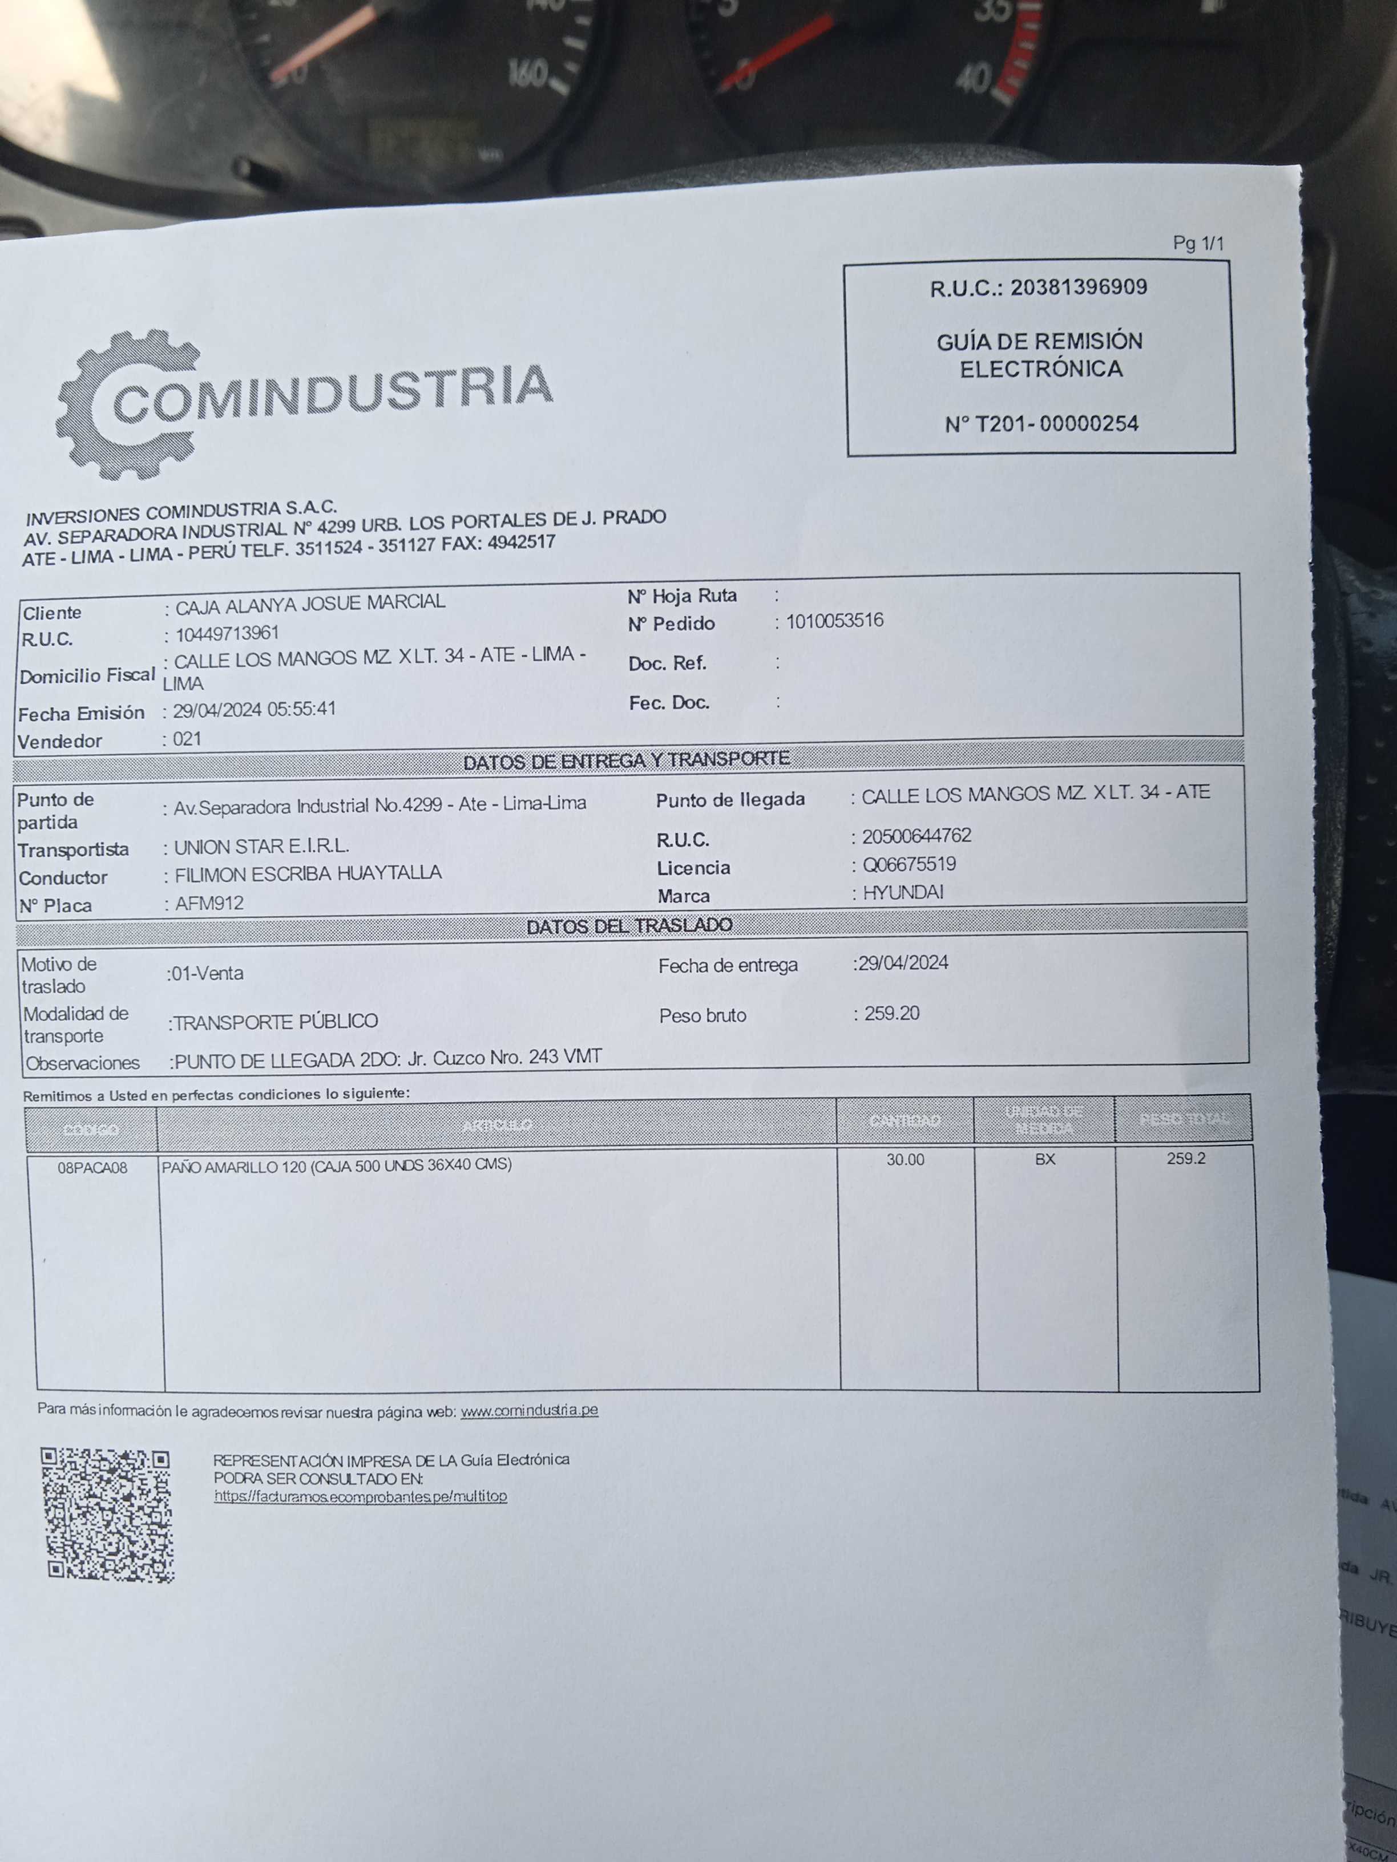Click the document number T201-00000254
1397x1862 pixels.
click(x=1041, y=423)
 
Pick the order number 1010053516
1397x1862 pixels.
click(x=834, y=621)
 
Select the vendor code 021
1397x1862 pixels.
click(x=187, y=739)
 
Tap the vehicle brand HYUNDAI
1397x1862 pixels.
click(x=903, y=892)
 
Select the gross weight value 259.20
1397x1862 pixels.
click(x=892, y=1013)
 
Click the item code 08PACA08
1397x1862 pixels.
click(x=92, y=1168)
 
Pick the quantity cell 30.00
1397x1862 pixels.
click(x=905, y=1160)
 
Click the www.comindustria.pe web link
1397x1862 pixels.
click(x=529, y=1410)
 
